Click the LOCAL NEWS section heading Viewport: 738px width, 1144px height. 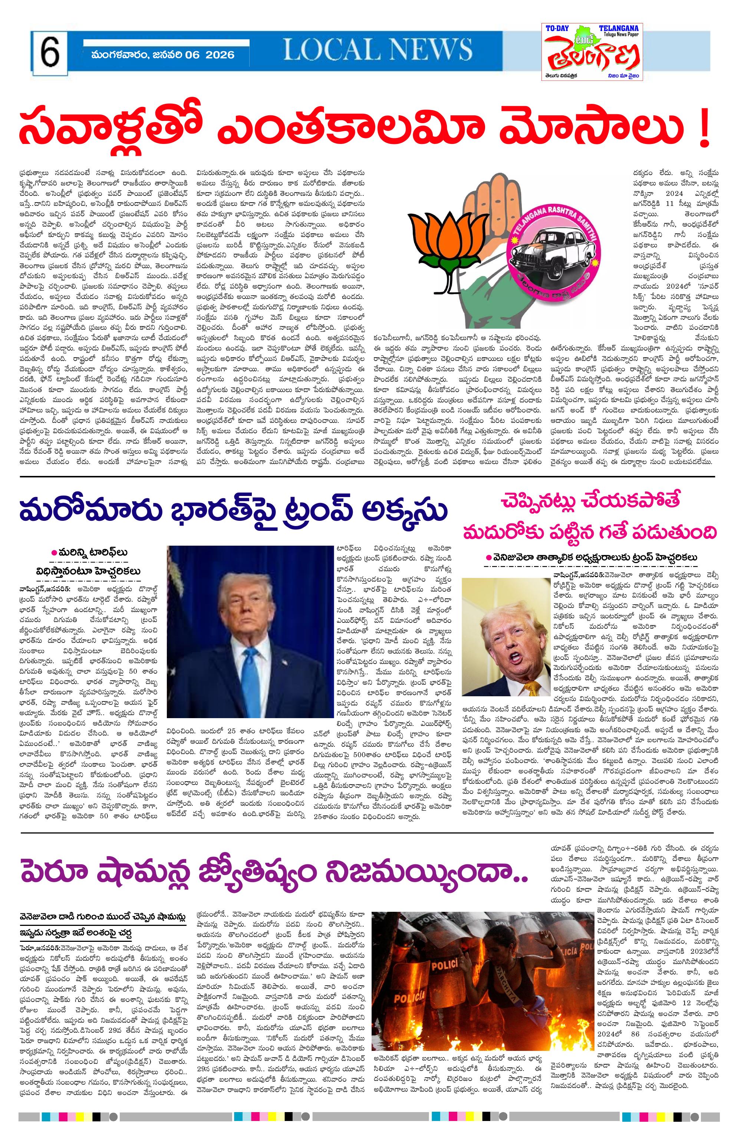click(x=377, y=49)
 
